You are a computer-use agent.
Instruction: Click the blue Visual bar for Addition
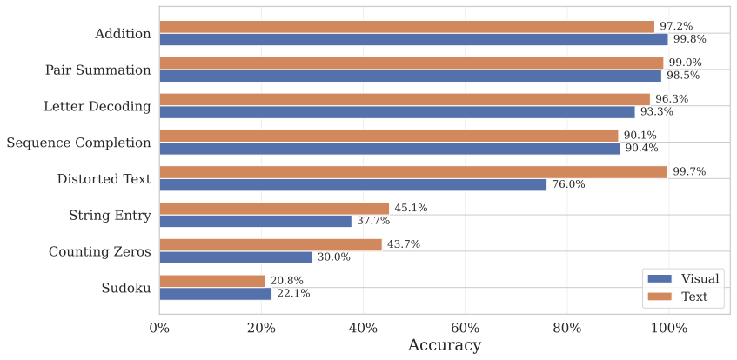point(413,39)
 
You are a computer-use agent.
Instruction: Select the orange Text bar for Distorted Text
point(413,172)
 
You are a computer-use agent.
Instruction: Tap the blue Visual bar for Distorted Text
point(352,184)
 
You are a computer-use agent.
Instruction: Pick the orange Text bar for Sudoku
point(211,281)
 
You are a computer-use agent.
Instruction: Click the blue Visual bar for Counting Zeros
point(235,257)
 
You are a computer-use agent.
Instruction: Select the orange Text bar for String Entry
point(274,208)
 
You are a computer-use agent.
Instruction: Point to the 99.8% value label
point(690,39)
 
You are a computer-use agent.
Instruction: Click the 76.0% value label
point(568,184)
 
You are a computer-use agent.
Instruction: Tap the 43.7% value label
point(404,244)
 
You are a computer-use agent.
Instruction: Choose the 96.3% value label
point(672,99)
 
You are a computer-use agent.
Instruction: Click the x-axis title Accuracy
point(444,345)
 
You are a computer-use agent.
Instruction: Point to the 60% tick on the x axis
point(465,328)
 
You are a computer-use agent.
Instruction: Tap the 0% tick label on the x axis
point(159,328)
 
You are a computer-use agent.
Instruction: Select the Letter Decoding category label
point(97,106)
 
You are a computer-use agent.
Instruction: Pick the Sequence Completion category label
point(78,143)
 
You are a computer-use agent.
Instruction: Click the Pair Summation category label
point(97,70)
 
